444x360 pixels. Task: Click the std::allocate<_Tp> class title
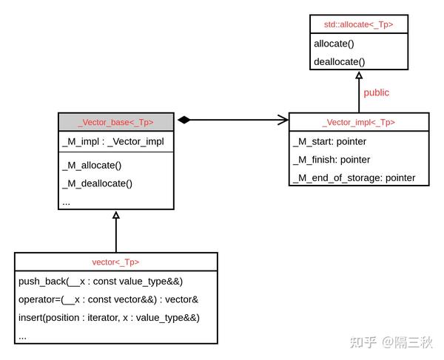[x=358, y=24]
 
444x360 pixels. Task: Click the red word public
[x=376, y=92]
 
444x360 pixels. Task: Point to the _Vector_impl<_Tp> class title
[x=358, y=122]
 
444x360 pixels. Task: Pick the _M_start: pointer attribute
[x=330, y=141]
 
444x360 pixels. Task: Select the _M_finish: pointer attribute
[x=332, y=160]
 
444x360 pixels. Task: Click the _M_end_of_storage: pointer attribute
[x=354, y=178]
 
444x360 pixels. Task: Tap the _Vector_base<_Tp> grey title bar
[x=116, y=122]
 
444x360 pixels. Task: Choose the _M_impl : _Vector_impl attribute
[x=112, y=141]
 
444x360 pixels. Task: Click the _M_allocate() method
[x=92, y=165]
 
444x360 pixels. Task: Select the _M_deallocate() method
[x=97, y=183]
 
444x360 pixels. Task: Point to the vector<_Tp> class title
[x=115, y=262]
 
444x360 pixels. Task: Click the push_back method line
[x=101, y=281]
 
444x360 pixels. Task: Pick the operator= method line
[x=108, y=299]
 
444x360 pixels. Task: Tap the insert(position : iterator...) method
[x=109, y=318]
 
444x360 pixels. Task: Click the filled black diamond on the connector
[x=184, y=120]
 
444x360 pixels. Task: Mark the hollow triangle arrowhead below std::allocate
[x=359, y=75]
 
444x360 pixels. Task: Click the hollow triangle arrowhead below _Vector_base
[x=116, y=215]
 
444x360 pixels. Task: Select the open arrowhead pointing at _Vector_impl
[x=283, y=120]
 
